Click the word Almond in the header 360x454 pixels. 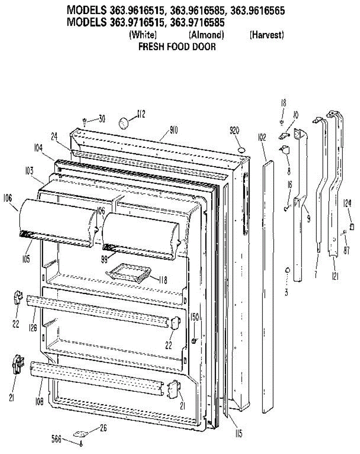click(206, 35)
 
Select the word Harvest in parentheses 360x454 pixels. click(266, 35)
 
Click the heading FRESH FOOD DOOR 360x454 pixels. click(177, 47)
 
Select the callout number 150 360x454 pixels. click(195, 327)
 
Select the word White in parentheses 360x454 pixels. click(143, 35)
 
